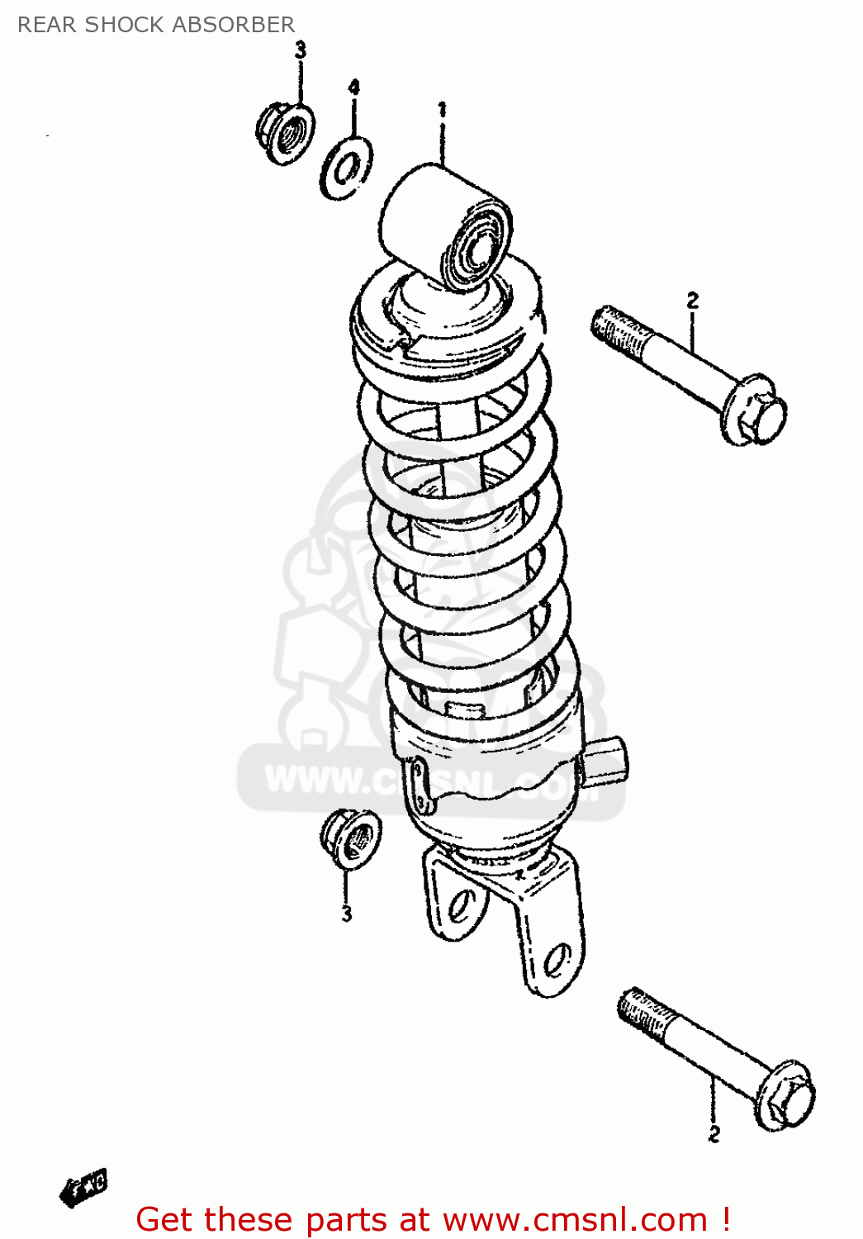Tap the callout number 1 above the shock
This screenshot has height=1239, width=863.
click(x=442, y=109)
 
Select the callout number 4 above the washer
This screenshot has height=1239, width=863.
click(x=353, y=88)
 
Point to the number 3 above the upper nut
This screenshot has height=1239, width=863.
click(x=301, y=50)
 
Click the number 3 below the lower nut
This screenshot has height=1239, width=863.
click(x=347, y=914)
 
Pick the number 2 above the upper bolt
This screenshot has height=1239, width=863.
click(x=692, y=301)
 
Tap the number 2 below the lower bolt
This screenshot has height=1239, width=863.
click(x=714, y=1134)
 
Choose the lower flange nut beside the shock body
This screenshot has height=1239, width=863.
click(x=351, y=838)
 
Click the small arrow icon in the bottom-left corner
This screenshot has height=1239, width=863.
click(x=84, y=1188)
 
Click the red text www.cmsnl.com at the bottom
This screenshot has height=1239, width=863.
click(x=575, y=1220)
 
